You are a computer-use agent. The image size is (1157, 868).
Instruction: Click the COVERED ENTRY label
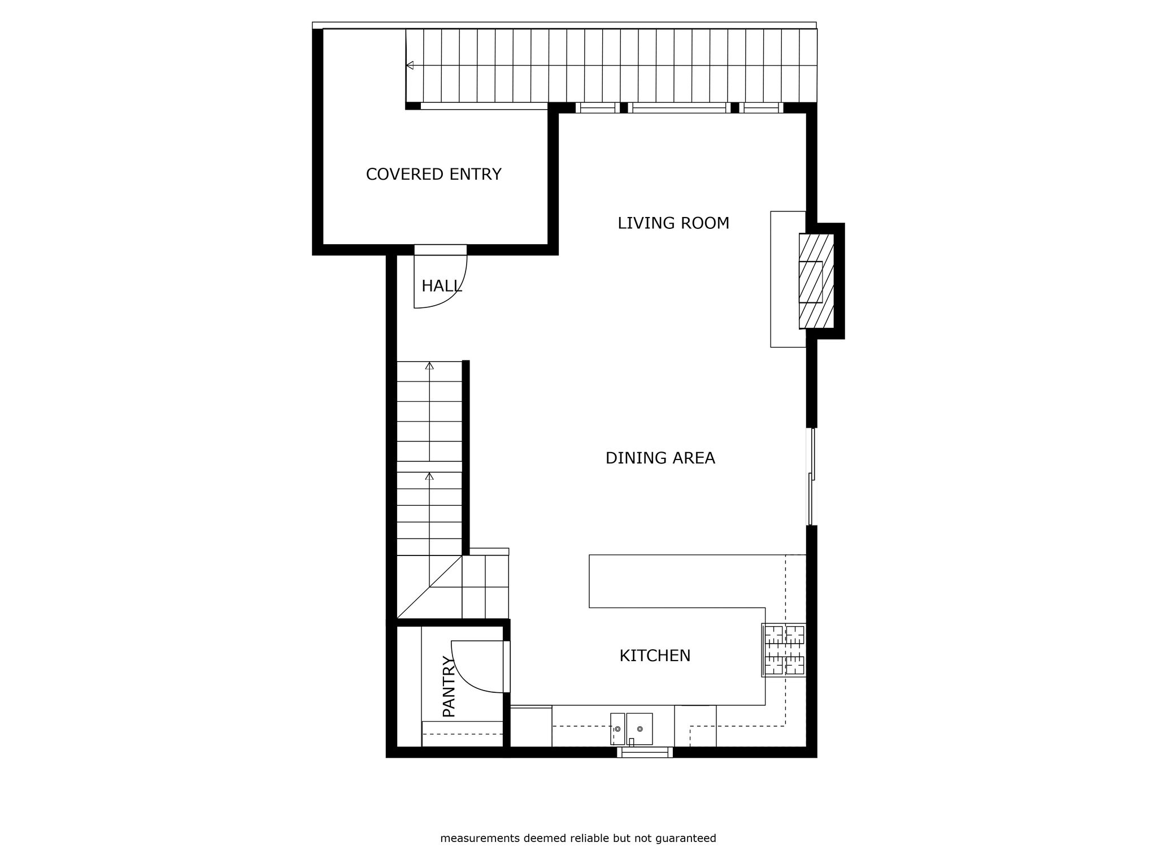pos(433,174)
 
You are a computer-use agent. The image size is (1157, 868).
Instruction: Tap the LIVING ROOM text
pos(673,223)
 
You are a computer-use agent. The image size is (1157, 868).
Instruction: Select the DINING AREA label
pos(660,458)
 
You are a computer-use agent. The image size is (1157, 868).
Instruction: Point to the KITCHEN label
pos(655,656)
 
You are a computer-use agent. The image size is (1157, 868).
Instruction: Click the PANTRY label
pos(449,686)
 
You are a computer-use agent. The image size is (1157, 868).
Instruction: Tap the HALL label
pos(442,286)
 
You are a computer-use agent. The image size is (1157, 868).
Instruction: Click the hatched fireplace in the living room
pos(816,281)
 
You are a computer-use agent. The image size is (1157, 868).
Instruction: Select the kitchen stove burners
pos(784,650)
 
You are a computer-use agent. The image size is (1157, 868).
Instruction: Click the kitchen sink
pos(632,729)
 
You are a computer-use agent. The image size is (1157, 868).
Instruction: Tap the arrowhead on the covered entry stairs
pos(410,66)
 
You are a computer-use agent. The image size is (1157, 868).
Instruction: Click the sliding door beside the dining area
pos(812,477)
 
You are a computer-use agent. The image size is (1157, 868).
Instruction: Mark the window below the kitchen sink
pos(645,752)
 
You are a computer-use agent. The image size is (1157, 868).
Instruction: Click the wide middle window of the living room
pos(679,108)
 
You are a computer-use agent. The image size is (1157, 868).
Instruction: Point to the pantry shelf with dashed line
pos(462,734)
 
